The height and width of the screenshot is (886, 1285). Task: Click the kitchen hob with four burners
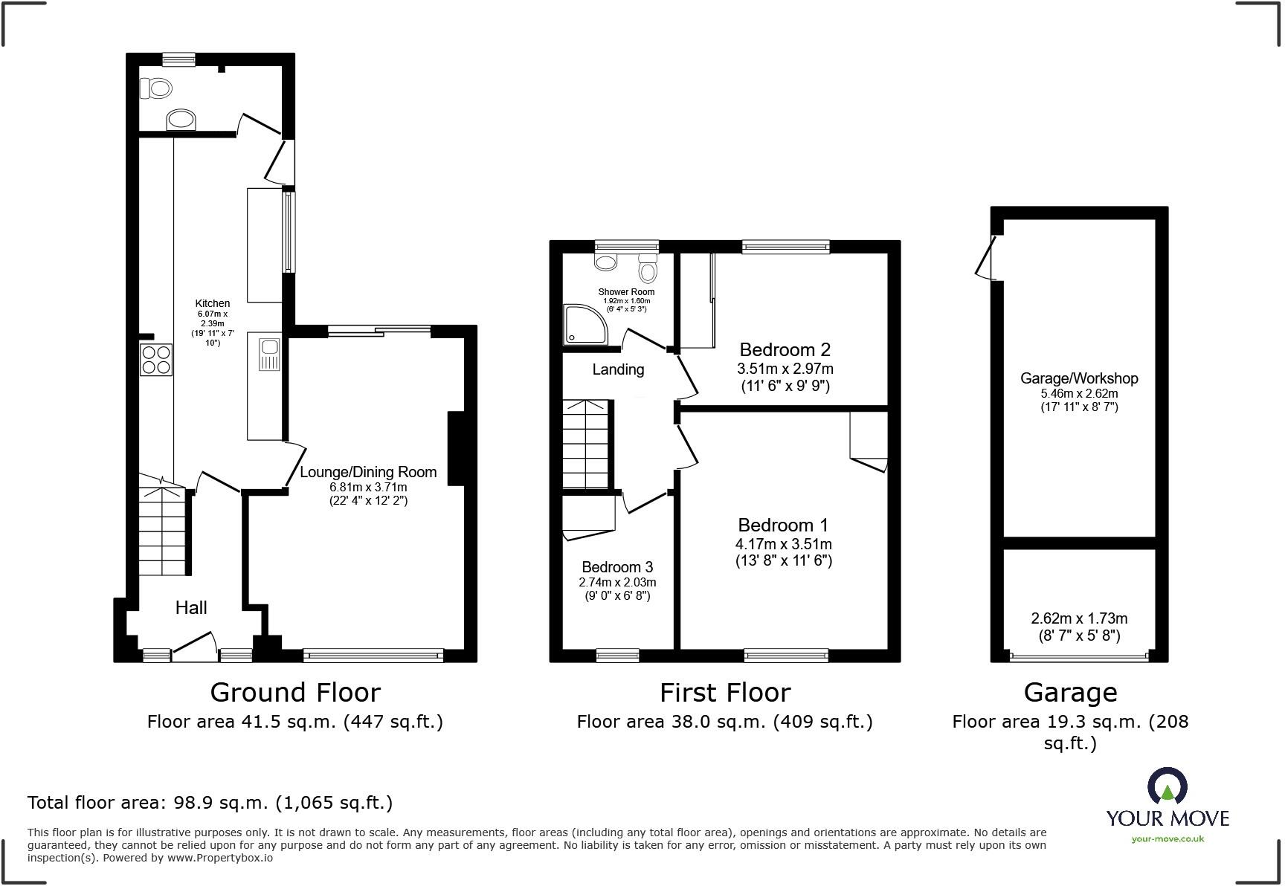tap(156, 360)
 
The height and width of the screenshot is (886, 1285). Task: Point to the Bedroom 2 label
tap(785, 349)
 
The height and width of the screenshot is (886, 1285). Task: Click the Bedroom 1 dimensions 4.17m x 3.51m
tap(784, 544)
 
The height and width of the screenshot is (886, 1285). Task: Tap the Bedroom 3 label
tap(617, 567)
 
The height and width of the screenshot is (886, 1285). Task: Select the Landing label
tap(618, 369)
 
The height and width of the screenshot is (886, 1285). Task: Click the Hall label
tap(191, 608)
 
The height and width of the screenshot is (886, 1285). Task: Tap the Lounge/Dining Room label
tap(368, 472)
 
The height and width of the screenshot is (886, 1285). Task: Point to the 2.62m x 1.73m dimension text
tap(1079, 618)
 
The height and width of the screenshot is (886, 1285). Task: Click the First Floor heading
tap(725, 693)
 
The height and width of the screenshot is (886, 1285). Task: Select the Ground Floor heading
tap(295, 693)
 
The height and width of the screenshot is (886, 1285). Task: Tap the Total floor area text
tap(210, 803)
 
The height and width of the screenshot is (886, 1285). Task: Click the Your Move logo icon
tap(1167, 786)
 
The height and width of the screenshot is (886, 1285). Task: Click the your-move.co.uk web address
tap(1168, 839)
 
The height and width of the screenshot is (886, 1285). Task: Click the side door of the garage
tap(986, 259)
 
